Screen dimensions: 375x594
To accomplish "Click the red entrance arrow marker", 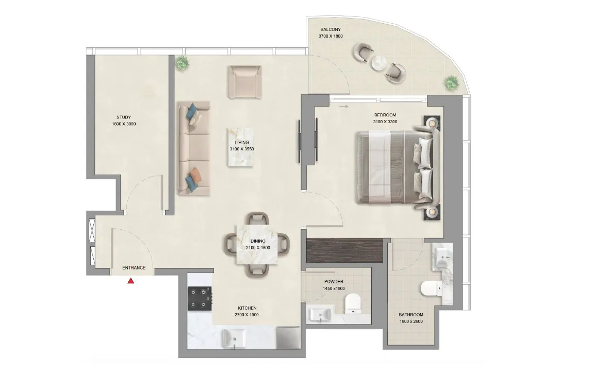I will point(131,281).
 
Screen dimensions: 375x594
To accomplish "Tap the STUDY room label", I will point(124,117).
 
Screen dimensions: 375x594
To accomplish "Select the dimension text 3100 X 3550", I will point(242,149).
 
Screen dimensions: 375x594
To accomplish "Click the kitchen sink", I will point(236,339).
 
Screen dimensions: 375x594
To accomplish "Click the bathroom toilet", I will point(429,289).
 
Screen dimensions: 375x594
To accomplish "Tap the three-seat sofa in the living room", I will point(193,148).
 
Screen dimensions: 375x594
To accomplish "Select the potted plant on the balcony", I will point(452,81).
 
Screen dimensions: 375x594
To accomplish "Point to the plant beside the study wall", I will point(181,63).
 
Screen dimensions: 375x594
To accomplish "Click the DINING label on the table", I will point(258,241).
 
